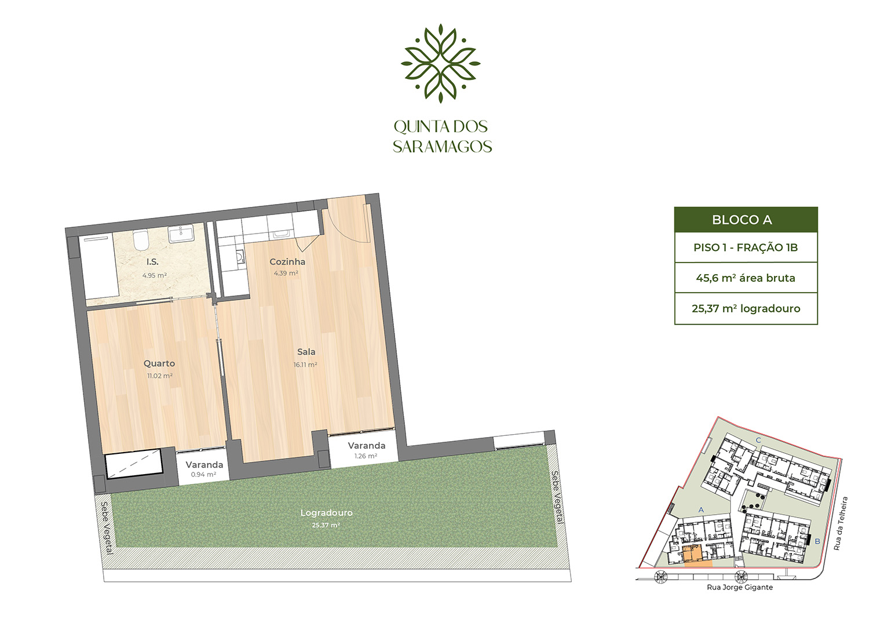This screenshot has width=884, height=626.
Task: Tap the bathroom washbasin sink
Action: click(181, 235)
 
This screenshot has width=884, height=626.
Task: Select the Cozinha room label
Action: click(287, 262)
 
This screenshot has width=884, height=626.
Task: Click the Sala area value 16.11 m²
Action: click(305, 365)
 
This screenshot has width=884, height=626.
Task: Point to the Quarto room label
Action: click(159, 363)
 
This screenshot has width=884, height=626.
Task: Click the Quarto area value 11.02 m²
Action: click(160, 376)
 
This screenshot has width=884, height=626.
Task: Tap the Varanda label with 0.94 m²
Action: click(204, 465)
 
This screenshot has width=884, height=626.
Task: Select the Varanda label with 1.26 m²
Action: click(366, 446)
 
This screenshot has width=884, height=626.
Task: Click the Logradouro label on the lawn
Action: click(326, 513)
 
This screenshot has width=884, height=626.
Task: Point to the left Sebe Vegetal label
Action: click(106, 527)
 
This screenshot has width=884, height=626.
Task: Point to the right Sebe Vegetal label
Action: click(556, 497)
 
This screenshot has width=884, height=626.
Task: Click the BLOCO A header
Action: click(746, 220)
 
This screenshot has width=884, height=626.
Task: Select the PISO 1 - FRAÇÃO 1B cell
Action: click(746, 248)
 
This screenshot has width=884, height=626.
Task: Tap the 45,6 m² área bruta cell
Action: click(746, 278)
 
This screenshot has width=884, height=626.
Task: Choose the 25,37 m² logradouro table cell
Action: click(746, 309)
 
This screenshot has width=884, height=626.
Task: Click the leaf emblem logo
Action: click(441, 63)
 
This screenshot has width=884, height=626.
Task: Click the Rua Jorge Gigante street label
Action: click(740, 587)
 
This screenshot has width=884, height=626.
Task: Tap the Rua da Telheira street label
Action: click(841, 523)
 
